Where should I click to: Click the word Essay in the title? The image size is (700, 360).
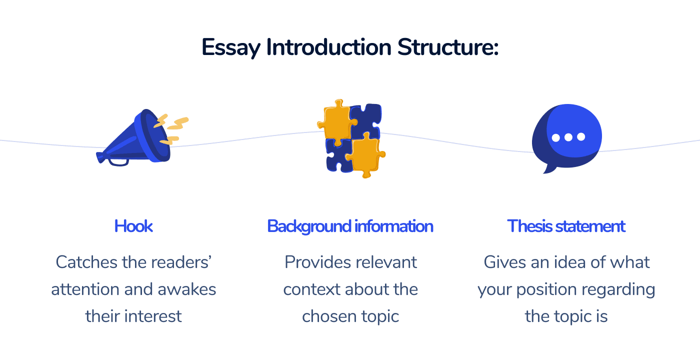(x=231, y=47)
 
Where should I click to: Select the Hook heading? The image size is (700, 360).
(x=133, y=226)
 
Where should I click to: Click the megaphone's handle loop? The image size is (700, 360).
(x=118, y=161)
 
